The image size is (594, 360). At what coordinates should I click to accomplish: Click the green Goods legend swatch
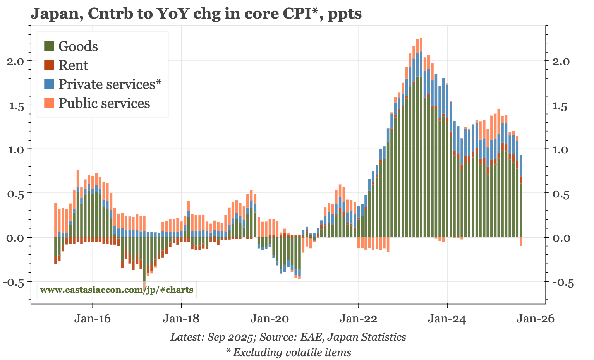pos(49,46)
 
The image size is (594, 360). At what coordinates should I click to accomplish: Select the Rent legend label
pos(73,65)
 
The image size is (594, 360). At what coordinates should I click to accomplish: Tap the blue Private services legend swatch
pos(49,84)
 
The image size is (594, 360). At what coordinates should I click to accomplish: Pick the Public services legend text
pos(104,103)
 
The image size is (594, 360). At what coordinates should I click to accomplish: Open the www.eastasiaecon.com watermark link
pos(116,290)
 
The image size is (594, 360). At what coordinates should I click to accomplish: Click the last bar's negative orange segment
pos(521,242)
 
